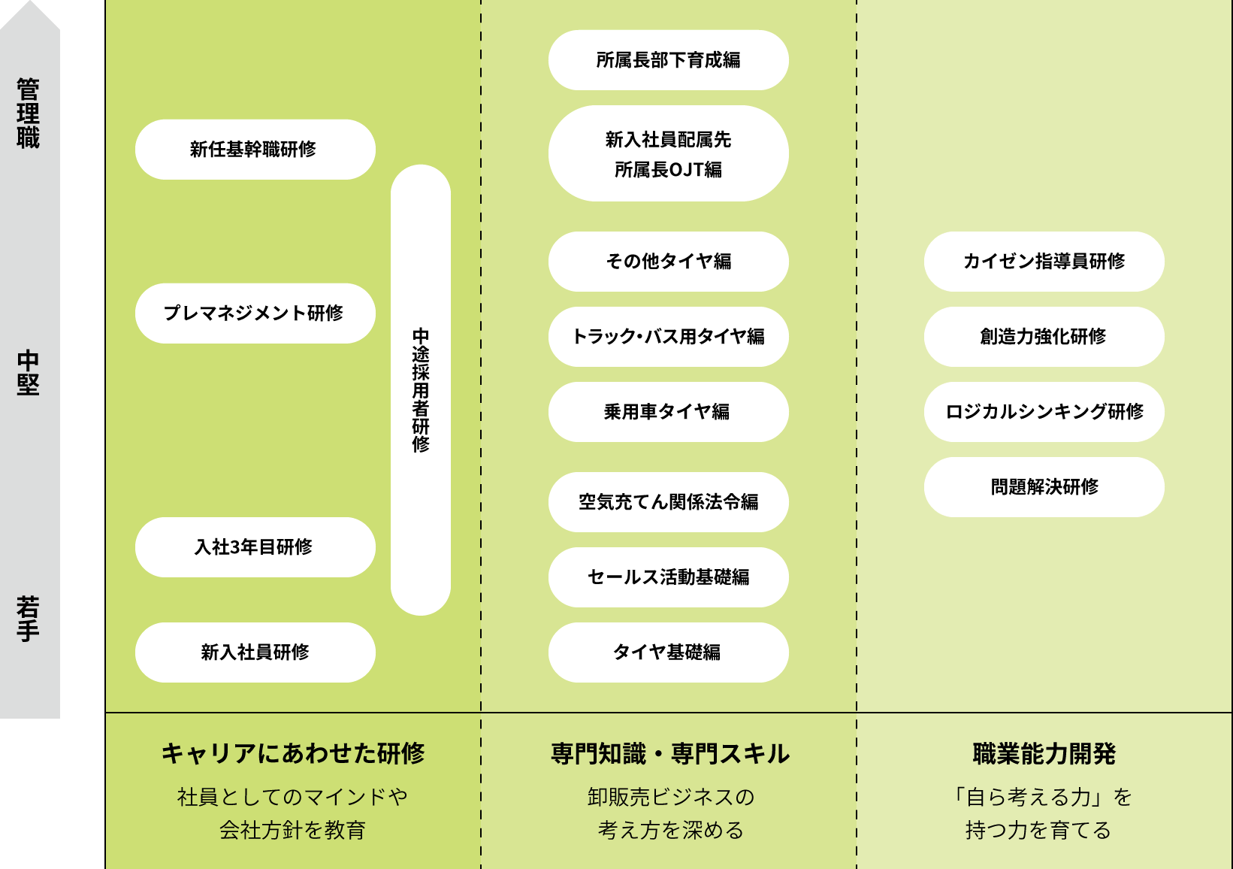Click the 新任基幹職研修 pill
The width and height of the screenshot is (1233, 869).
[x=255, y=150]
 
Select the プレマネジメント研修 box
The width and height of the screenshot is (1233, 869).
[x=255, y=313]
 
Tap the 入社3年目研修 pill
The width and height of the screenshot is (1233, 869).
[x=255, y=547]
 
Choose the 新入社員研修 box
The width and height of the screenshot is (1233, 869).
[x=255, y=653]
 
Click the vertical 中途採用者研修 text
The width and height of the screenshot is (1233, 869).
[x=421, y=390]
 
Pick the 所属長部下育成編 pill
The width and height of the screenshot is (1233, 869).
[x=668, y=60]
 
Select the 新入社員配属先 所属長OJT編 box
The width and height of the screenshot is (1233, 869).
[x=668, y=153]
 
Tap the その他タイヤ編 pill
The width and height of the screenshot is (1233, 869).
[x=668, y=262]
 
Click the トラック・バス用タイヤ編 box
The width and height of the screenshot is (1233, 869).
[x=668, y=337]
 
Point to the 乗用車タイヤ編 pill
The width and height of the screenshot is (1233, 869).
[x=668, y=412]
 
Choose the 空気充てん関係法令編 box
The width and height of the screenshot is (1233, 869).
[x=668, y=502]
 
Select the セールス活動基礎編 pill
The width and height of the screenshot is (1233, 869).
[x=668, y=577]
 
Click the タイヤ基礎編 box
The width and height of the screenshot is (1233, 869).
[x=668, y=653]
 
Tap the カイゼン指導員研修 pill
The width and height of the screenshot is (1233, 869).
[x=1044, y=262]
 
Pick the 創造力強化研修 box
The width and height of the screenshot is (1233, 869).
[x=1044, y=337]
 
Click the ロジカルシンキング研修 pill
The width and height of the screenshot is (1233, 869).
[x=1044, y=412]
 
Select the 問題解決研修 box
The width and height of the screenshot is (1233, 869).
[x=1044, y=487]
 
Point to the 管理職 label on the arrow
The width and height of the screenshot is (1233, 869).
[x=28, y=113]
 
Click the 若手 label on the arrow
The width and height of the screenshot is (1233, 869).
[x=28, y=619]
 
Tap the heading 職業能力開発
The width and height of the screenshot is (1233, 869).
[x=1044, y=754]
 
